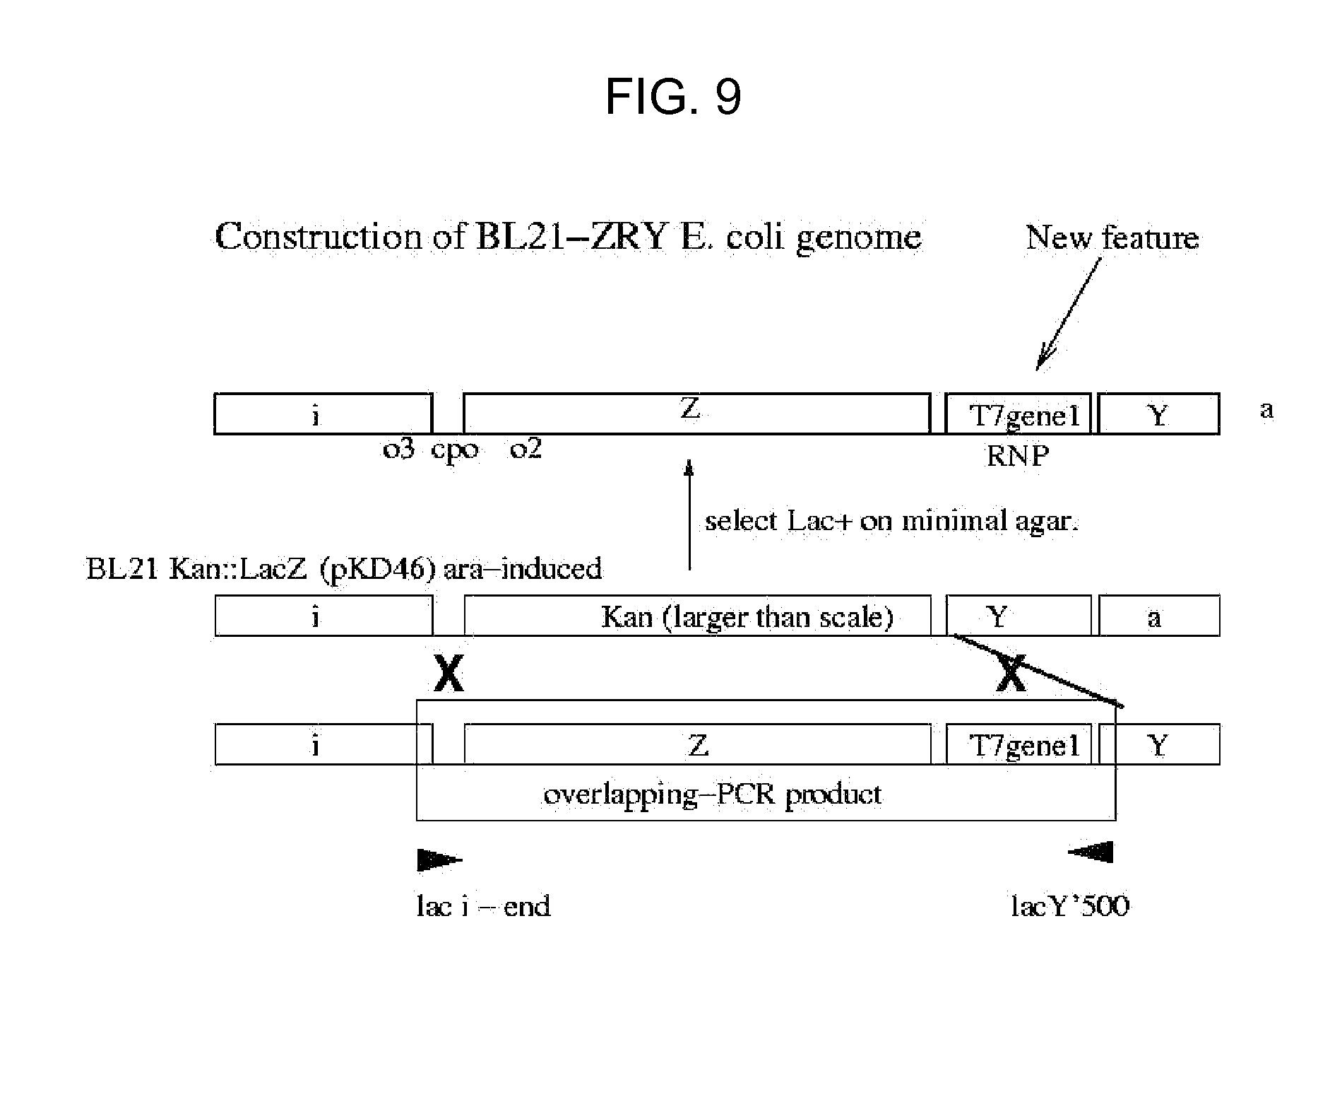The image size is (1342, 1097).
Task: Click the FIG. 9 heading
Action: pyautogui.click(x=673, y=97)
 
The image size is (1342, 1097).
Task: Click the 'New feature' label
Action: pyautogui.click(x=1112, y=237)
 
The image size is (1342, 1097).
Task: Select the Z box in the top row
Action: pyautogui.click(x=696, y=413)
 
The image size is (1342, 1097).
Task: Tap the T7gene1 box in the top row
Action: pyautogui.click(x=1019, y=414)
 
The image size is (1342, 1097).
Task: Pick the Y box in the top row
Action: pyautogui.click(x=1158, y=414)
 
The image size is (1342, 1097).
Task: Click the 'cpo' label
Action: pyautogui.click(x=454, y=449)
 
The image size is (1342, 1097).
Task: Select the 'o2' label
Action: pyautogui.click(x=525, y=448)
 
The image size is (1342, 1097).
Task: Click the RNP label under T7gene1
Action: pyautogui.click(x=1017, y=456)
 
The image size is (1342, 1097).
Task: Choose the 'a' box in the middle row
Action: pyautogui.click(x=1158, y=616)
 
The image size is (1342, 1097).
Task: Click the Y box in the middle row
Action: pyautogui.click(x=1019, y=616)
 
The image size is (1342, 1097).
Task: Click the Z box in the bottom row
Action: pyautogui.click(x=697, y=744)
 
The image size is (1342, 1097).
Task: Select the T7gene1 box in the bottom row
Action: pyautogui.click(x=1019, y=744)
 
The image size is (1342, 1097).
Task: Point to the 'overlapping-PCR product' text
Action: pyautogui.click(x=712, y=794)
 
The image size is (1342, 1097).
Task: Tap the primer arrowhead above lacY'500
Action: pyautogui.click(x=1092, y=852)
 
